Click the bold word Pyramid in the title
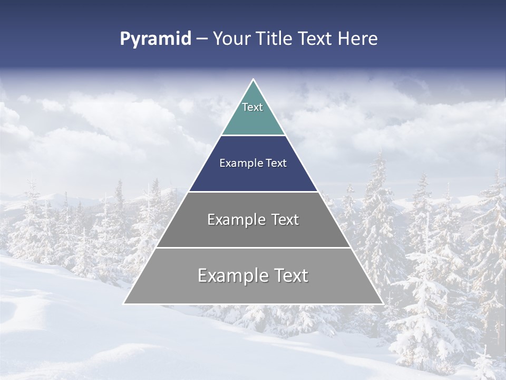point(155,39)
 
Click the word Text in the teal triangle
point(252,107)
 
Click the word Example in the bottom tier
point(232,275)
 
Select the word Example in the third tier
point(235,220)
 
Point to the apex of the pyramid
point(253,80)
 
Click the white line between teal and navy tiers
point(253,135)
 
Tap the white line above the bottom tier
point(253,248)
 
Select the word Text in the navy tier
point(276,164)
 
